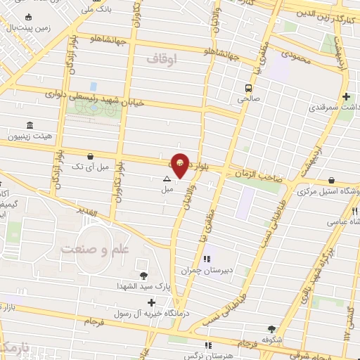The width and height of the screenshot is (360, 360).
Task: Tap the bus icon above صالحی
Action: click(248, 88)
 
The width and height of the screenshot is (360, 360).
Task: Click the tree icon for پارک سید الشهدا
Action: click(144, 276)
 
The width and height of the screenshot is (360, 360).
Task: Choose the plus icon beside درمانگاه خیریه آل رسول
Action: click(151, 302)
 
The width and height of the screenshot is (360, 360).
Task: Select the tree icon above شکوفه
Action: click(271, 328)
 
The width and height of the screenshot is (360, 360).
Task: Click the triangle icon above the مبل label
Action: click(167, 179)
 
